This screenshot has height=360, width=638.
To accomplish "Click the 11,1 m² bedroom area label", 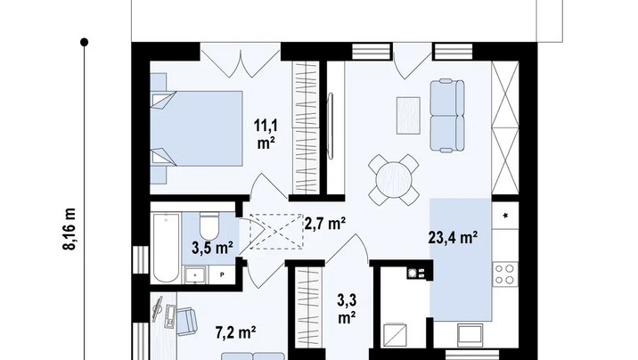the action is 266,135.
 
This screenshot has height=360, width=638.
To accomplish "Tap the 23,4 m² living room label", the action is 453,238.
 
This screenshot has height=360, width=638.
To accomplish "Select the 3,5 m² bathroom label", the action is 212,248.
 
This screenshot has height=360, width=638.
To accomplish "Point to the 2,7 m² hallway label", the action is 325,224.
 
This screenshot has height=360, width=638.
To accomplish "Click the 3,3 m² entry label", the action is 347,308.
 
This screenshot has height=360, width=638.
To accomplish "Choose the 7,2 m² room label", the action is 235,332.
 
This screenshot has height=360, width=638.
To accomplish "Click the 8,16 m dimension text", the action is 70,229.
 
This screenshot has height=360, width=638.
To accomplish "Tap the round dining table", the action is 394,180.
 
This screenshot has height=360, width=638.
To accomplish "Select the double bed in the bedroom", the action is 197,128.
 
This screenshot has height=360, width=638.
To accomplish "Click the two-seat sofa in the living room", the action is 447,116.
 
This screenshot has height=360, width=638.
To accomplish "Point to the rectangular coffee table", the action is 408,116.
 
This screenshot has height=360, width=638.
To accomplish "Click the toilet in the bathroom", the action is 209,226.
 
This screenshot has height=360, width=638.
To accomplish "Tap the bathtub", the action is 167,248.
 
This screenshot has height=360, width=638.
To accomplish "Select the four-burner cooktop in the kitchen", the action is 505,274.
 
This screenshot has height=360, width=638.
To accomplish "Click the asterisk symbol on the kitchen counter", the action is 506,216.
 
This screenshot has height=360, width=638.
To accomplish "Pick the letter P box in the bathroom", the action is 222,274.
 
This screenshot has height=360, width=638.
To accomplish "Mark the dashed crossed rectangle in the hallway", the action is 276,231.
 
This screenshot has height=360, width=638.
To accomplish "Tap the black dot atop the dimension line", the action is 85,42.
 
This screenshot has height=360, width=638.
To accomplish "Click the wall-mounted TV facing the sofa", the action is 331,126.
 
